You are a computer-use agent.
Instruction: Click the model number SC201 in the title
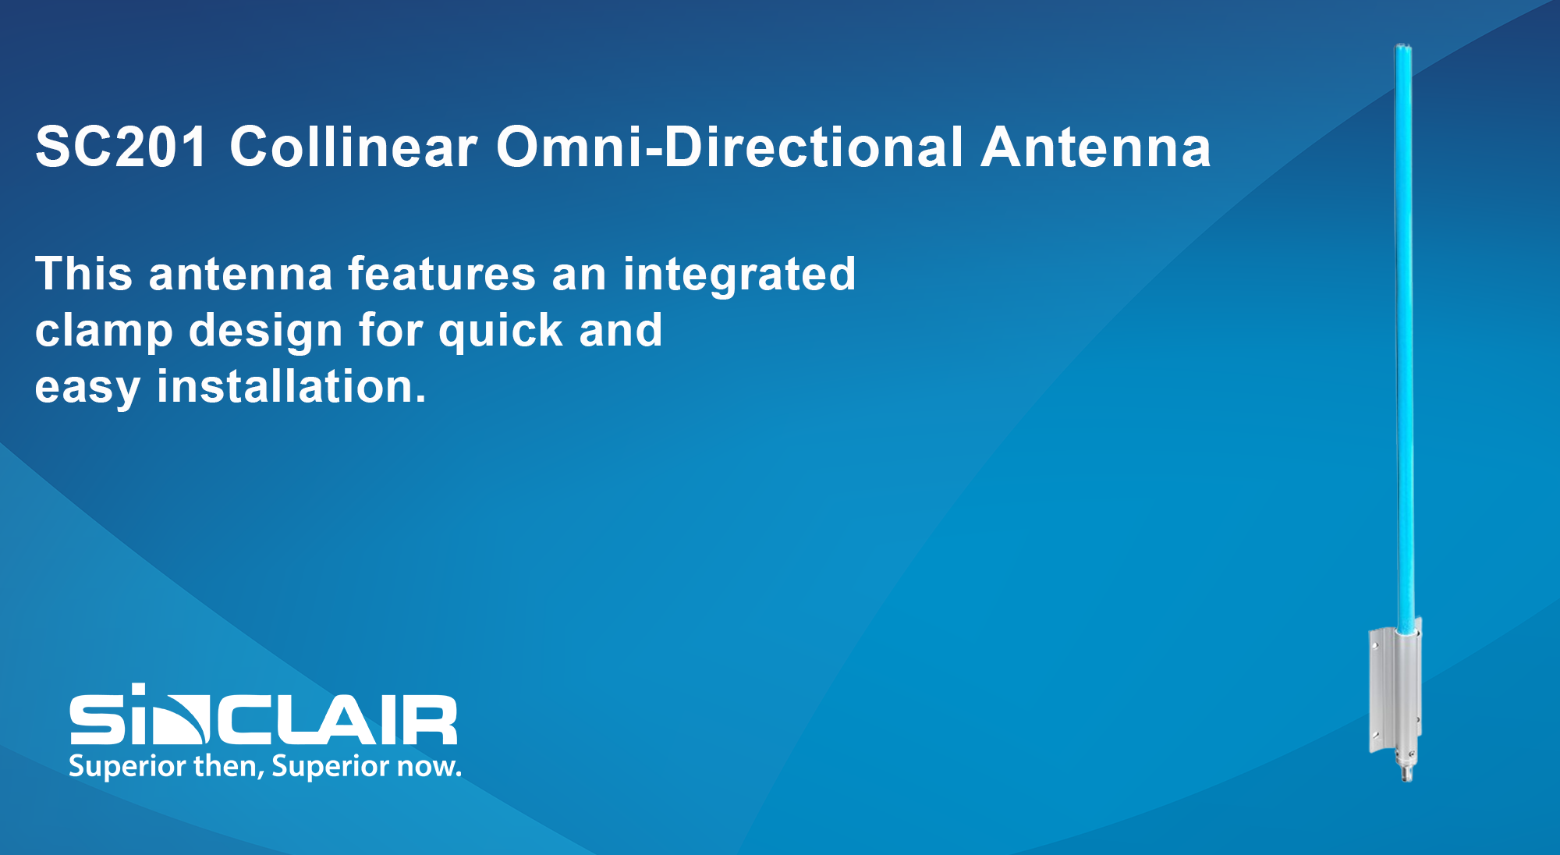[122, 147]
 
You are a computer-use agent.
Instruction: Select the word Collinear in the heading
[353, 147]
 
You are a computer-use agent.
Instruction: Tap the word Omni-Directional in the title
[730, 147]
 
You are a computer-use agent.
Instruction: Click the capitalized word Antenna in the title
[1096, 147]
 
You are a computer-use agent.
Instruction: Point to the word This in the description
[84, 274]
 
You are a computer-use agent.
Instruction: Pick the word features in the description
[441, 274]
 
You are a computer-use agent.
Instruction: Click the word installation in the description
[292, 386]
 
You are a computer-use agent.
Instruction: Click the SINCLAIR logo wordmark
[264, 715]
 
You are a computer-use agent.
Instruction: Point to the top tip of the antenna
[1403, 45]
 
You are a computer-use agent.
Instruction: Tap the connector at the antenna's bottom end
[1406, 768]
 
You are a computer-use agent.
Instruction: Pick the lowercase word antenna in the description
[240, 275]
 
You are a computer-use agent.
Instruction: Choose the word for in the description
[391, 330]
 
